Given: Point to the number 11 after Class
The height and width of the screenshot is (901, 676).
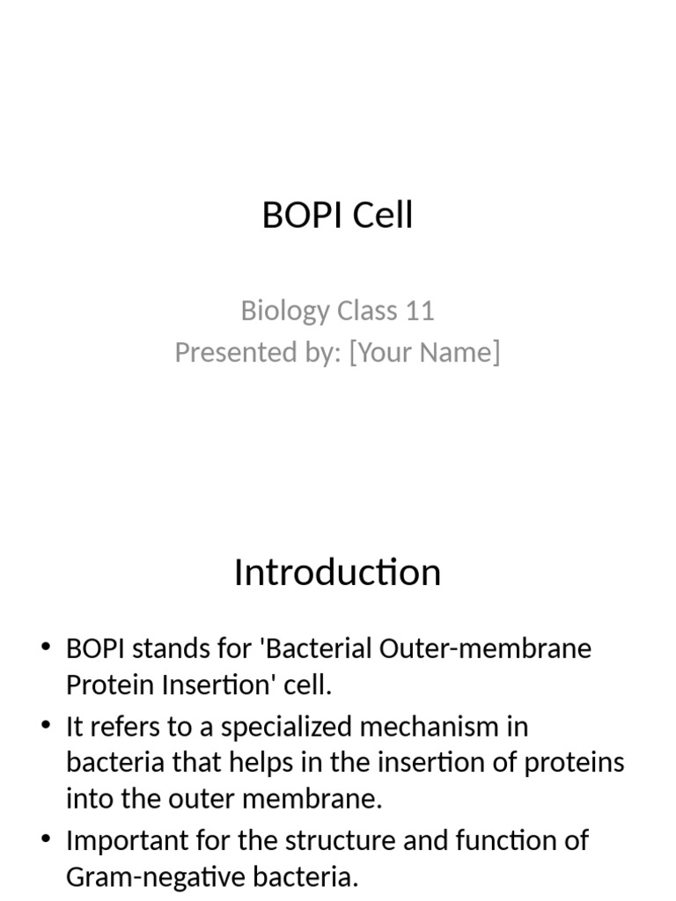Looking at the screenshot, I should point(420,311).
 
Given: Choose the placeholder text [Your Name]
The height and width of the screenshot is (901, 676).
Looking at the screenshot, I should point(424,352).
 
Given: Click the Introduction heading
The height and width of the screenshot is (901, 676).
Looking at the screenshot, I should point(337,573).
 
